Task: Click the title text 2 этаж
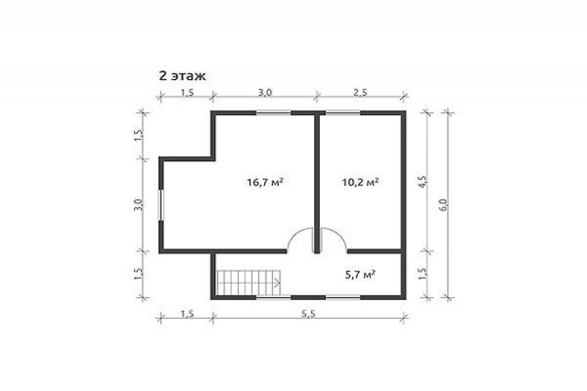[x=182, y=76]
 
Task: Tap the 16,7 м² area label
[x=265, y=182]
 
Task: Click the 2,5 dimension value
[x=360, y=92]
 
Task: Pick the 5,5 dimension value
[x=308, y=313]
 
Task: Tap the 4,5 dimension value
[x=423, y=181]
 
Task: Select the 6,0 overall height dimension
[x=443, y=205]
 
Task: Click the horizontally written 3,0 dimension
[x=265, y=92]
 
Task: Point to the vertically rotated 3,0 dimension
[x=138, y=205]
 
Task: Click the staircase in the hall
[x=249, y=283]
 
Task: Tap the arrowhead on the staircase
[x=278, y=283]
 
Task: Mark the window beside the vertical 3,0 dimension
[x=161, y=205]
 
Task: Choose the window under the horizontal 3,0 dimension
[x=274, y=112]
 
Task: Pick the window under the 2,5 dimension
[x=343, y=112]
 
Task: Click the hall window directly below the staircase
[x=274, y=297]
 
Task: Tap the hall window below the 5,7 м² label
[x=343, y=297]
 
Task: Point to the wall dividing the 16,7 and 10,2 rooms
[x=317, y=183]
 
